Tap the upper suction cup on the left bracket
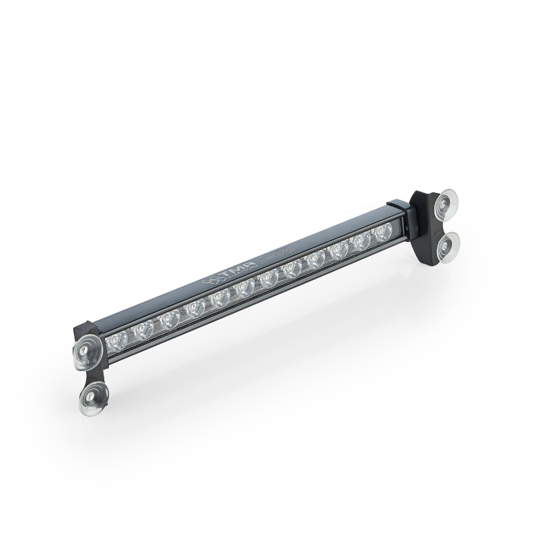pyautogui.click(x=86, y=350)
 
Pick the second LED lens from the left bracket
pyautogui.click(x=144, y=329)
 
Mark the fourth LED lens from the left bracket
pyautogui.click(x=196, y=308)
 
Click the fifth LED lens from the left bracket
pyautogui.click(x=220, y=299)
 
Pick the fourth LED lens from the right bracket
pyautogui.click(x=316, y=260)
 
